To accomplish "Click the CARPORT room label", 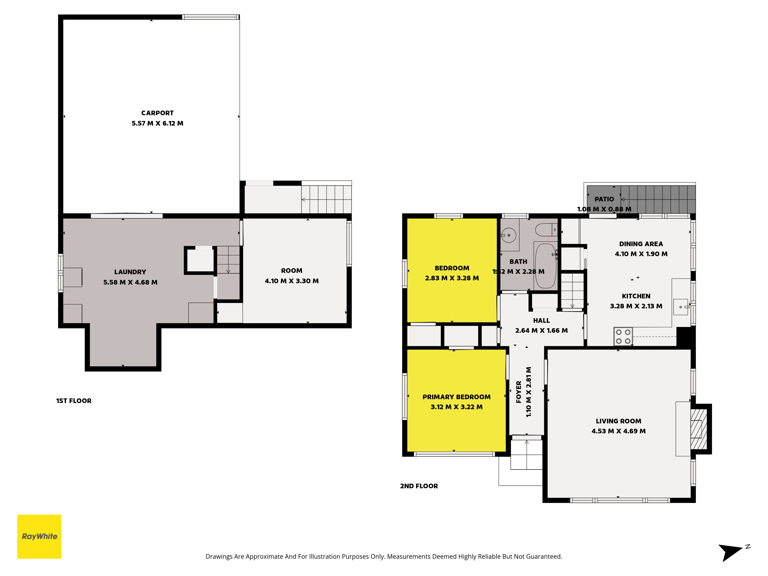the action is click(157, 113).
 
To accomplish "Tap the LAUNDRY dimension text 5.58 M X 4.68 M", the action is click(130, 282).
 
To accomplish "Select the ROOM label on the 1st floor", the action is click(292, 271).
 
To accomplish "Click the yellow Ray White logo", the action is click(39, 536).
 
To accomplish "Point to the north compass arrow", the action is click(730, 552).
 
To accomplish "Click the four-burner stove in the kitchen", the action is click(623, 336).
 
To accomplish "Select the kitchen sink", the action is click(680, 307).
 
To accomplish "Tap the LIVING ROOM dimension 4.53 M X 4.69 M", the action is click(618, 431).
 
